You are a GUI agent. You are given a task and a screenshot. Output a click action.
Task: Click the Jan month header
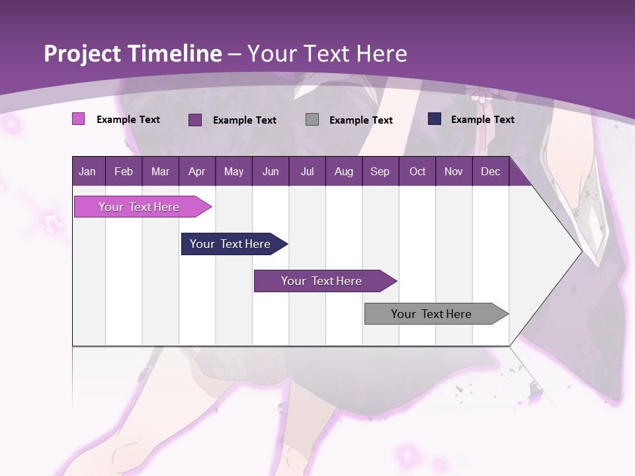(x=87, y=171)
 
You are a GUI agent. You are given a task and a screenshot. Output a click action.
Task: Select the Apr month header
(x=197, y=171)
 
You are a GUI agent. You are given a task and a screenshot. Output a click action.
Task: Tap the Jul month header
(x=307, y=171)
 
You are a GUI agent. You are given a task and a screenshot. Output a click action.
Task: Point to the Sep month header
(x=380, y=171)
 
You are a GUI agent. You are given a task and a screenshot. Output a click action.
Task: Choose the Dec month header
(x=490, y=171)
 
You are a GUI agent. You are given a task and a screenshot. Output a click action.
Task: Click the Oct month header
(x=417, y=171)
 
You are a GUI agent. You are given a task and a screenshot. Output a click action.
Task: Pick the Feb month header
(x=124, y=171)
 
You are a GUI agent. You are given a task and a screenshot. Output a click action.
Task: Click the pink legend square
(x=78, y=119)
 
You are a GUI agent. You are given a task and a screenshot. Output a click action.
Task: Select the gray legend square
(x=312, y=119)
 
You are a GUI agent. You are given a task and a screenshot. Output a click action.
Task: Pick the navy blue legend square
(x=435, y=119)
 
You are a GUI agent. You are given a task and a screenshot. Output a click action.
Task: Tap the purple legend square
(x=195, y=120)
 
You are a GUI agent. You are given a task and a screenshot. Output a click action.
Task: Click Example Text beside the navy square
(x=482, y=119)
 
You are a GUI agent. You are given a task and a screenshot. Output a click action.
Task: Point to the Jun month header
(x=271, y=171)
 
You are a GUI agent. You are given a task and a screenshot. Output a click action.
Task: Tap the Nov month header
(x=454, y=171)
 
